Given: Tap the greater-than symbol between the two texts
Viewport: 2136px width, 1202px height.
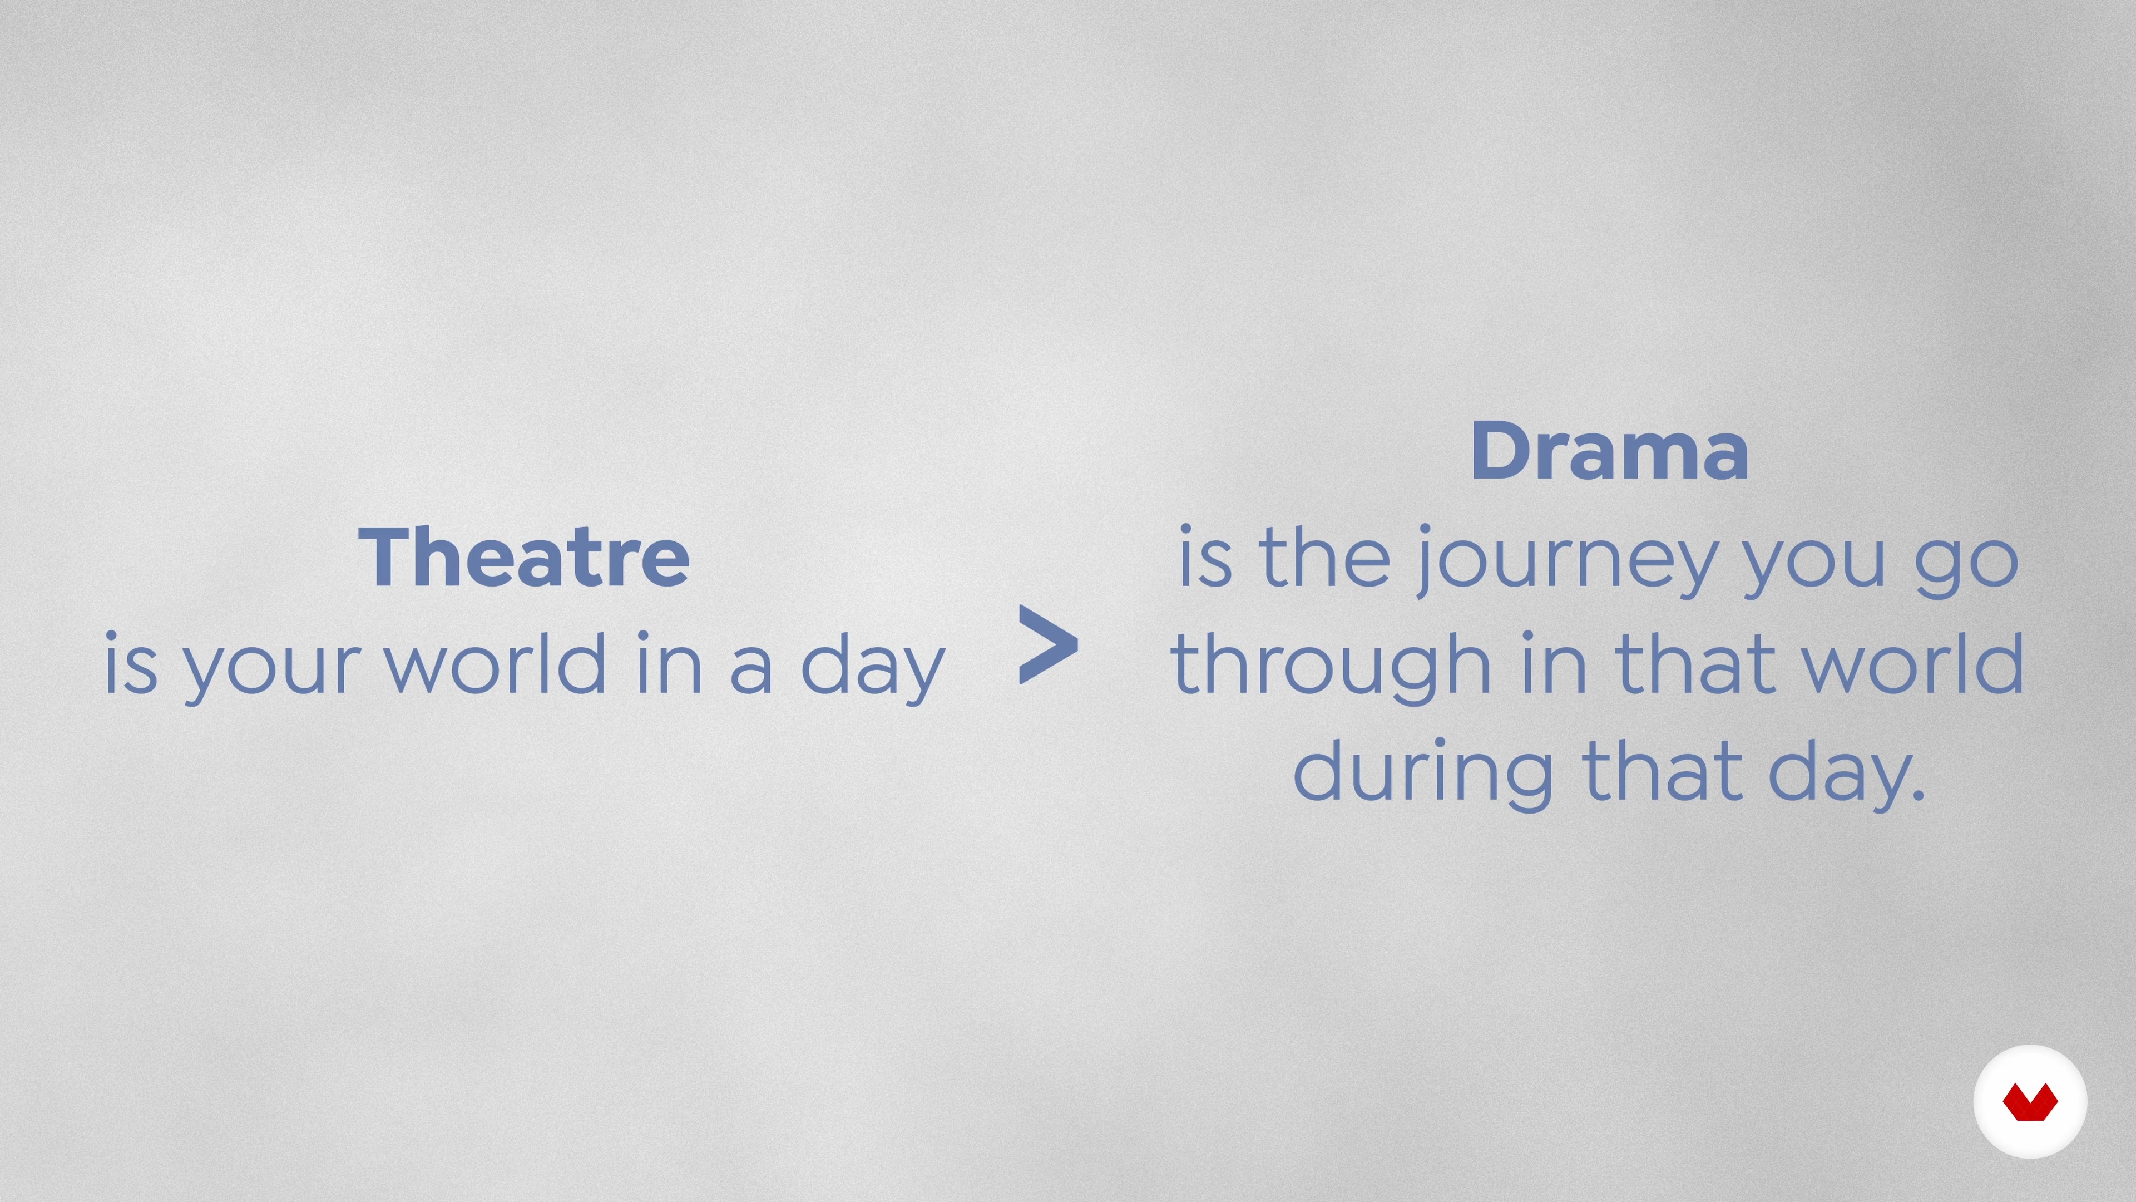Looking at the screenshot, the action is (x=1048, y=644).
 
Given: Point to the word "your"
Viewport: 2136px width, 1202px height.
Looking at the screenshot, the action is (x=272, y=668).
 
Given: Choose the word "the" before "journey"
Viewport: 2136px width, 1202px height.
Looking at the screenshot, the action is (x=1324, y=558).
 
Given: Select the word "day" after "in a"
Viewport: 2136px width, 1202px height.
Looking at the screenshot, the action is (x=872, y=668).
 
